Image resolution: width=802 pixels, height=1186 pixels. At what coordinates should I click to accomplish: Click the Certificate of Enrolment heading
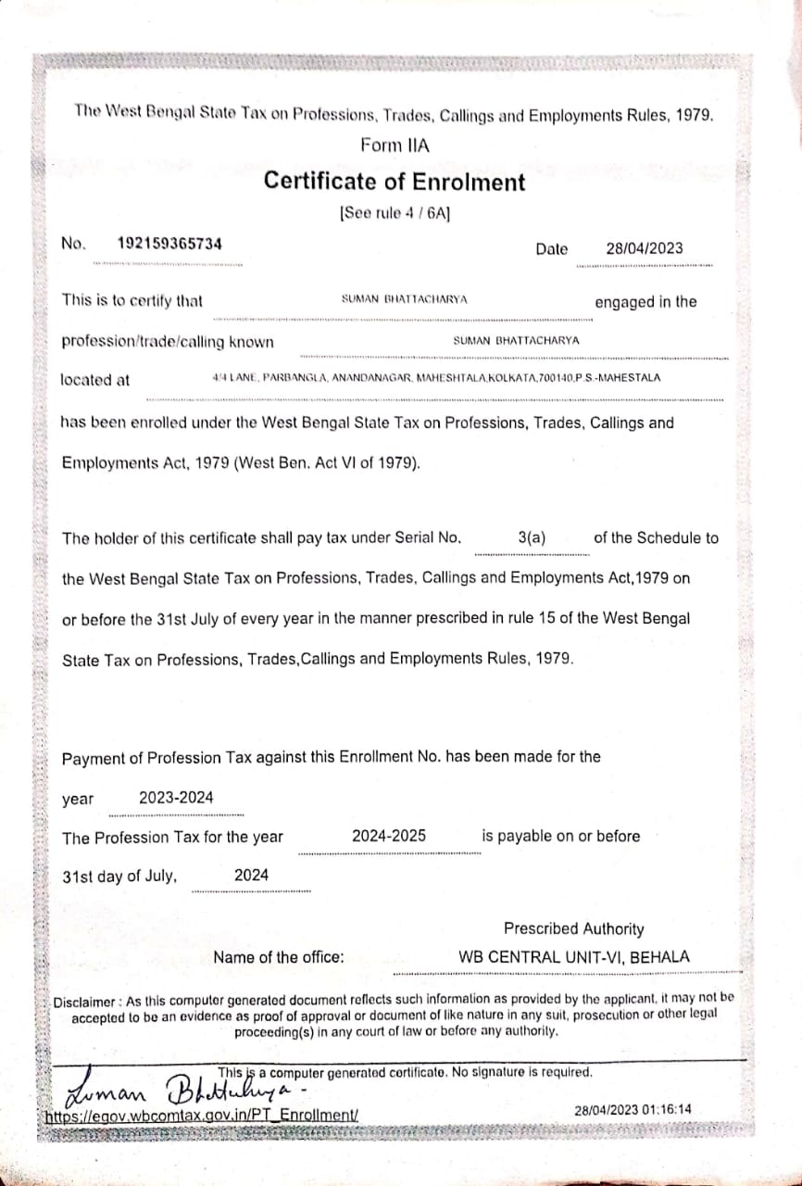pyautogui.click(x=395, y=182)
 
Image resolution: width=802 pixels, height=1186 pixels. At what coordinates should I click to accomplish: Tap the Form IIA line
pyautogui.click(x=395, y=145)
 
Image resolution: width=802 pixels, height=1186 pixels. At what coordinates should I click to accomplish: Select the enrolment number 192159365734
pyautogui.click(x=169, y=244)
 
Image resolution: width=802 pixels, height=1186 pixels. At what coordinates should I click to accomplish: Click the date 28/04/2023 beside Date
pyautogui.click(x=645, y=248)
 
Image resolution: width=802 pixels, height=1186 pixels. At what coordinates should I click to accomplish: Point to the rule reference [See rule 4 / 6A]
pyautogui.click(x=395, y=213)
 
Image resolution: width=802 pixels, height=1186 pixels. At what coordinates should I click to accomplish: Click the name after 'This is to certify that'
pyautogui.click(x=405, y=299)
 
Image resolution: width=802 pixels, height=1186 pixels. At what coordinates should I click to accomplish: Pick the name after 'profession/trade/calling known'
pyautogui.click(x=516, y=340)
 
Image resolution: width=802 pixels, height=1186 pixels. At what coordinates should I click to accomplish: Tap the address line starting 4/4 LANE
pyautogui.click(x=436, y=378)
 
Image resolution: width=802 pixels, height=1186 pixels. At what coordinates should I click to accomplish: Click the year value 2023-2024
pyautogui.click(x=176, y=798)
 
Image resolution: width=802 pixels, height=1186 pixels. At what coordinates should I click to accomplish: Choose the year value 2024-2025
pyautogui.click(x=389, y=836)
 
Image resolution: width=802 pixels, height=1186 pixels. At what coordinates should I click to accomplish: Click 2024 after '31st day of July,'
pyautogui.click(x=251, y=875)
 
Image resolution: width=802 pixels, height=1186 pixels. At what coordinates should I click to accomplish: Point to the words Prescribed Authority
pyautogui.click(x=573, y=928)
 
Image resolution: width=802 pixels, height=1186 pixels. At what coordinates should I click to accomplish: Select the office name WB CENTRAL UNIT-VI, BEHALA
pyautogui.click(x=574, y=958)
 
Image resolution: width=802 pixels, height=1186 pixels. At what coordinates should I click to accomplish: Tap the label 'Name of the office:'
pyautogui.click(x=278, y=958)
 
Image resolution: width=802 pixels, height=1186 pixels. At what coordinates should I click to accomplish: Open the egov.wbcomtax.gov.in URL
pyautogui.click(x=201, y=1117)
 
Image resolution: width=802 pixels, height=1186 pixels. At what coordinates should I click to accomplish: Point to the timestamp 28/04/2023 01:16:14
pyautogui.click(x=633, y=1109)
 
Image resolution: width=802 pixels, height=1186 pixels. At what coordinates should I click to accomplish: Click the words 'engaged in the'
pyautogui.click(x=645, y=302)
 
